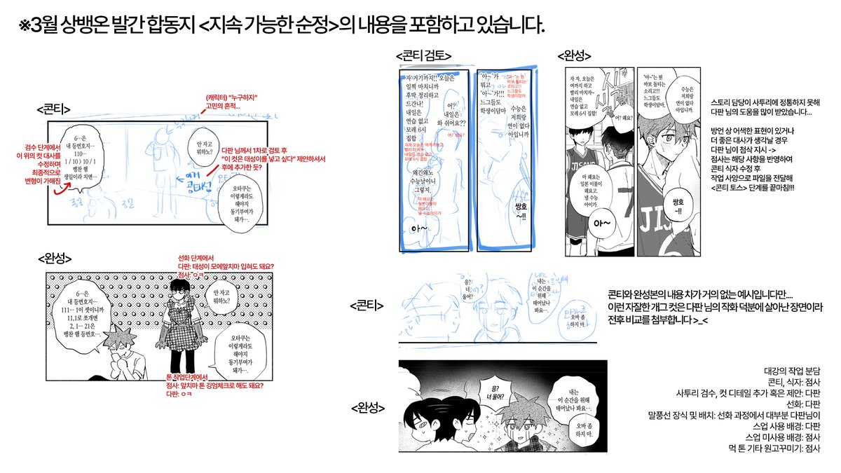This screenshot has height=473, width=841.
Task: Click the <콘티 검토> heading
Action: (x=423, y=55)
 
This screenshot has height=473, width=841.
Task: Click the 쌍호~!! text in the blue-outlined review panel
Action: (x=521, y=212)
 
